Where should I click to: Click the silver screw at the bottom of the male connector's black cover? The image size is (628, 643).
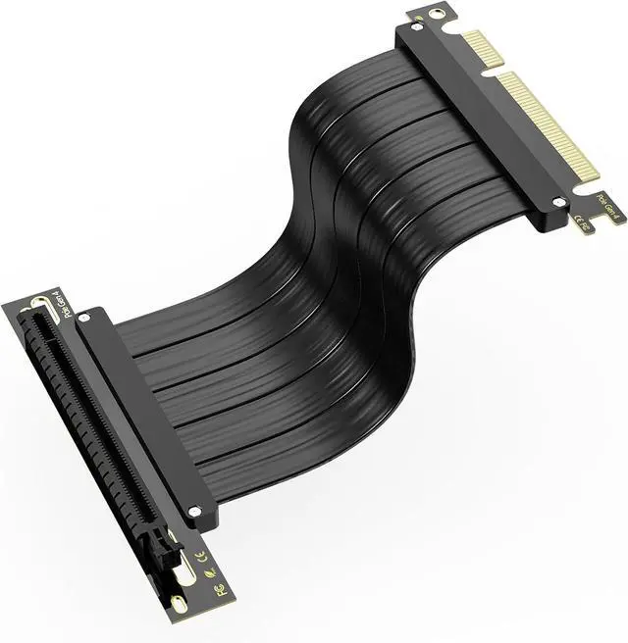point(558,202)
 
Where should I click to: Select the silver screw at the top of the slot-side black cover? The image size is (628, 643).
point(83,317)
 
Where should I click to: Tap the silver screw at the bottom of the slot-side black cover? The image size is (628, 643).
point(194,512)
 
